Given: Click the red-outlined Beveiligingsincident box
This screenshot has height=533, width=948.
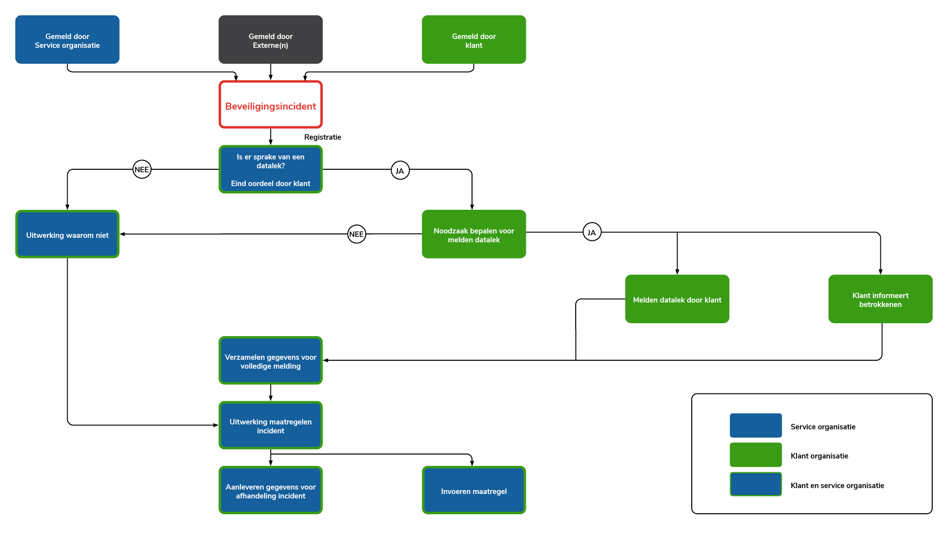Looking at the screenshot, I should coord(271,105).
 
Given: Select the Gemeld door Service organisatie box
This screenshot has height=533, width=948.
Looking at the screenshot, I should coord(67,39).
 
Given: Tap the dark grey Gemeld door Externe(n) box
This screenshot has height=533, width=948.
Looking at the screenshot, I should coord(271,39).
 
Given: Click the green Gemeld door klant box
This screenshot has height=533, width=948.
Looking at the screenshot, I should coord(474,39).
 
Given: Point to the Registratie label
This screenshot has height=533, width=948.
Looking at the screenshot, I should coord(322,137).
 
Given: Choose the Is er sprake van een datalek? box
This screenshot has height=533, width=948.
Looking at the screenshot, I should coord(271,169).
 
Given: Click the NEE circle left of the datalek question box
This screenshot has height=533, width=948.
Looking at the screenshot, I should coord(142,169).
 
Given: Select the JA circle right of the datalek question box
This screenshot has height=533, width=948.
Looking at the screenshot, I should coord(400,171).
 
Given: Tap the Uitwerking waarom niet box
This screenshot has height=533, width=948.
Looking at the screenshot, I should coord(67,234).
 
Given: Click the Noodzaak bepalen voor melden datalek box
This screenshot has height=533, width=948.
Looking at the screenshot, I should coord(474,234).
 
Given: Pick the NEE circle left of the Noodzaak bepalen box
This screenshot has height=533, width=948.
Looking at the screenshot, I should coord(356,234).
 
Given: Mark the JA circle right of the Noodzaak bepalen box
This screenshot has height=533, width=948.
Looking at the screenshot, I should coord(592,232).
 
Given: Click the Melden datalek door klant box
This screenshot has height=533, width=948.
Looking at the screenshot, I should coord(677,299).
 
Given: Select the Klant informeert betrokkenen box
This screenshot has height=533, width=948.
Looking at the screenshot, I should coord(880,299).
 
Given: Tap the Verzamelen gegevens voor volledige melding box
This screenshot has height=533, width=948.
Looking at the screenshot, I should coord(271,361).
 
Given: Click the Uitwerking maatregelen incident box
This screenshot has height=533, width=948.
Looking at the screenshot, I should coord(271,425).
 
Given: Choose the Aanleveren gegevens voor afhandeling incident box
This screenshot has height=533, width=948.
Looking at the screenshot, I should coord(271,491).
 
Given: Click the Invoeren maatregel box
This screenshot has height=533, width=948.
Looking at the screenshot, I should coord(474,491).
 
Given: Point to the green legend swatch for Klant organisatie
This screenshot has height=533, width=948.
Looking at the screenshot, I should coord(755,455).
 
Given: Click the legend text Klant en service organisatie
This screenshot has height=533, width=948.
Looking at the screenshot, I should coord(837,486).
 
